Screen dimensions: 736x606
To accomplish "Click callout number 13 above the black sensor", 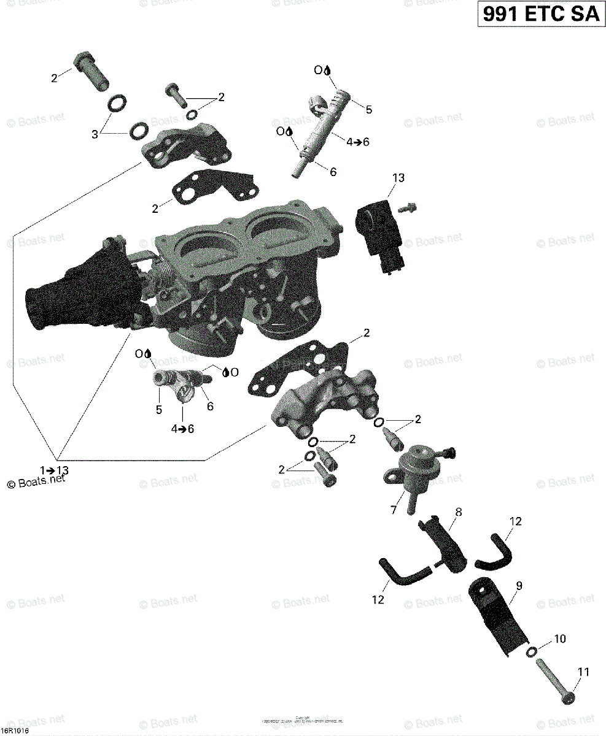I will pyautogui.click(x=398, y=178).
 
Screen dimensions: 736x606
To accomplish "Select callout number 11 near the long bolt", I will pyautogui.click(x=583, y=672).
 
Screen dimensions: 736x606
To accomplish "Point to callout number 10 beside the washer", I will pyautogui.click(x=560, y=639).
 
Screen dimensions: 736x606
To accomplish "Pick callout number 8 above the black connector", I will pyautogui.click(x=458, y=512).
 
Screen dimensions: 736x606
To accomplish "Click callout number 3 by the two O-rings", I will pyautogui.click(x=95, y=134).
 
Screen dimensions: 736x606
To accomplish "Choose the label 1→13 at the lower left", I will pyautogui.click(x=55, y=470).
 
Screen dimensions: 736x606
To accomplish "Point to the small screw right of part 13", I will pyautogui.click(x=406, y=208).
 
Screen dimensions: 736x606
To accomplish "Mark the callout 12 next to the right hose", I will pyautogui.click(x=515, y=521).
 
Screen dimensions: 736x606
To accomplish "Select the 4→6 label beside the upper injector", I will pyautogui.click(x=358, y=142).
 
